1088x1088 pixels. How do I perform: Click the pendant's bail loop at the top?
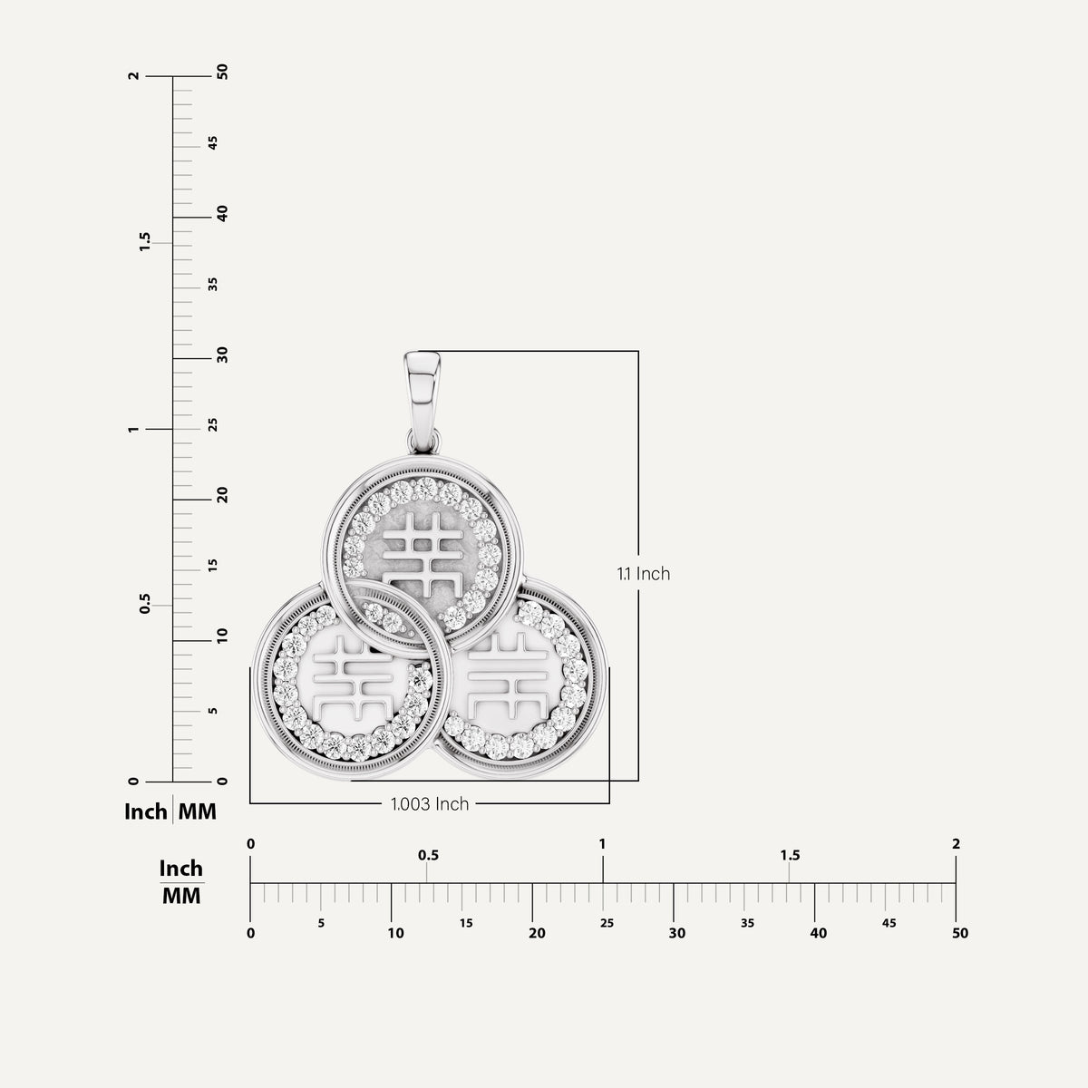point(423,401)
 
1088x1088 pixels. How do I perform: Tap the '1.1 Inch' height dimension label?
point(644,574)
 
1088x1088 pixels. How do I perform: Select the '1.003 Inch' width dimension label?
point(430,804)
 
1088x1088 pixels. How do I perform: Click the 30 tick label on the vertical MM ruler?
point(222,355)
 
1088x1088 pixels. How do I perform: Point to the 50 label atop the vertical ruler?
point(222,72)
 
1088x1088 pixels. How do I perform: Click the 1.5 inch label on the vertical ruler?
point(145,242)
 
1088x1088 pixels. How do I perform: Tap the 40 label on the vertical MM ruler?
point(222,213)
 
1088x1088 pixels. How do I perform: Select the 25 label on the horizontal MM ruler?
point(607,923)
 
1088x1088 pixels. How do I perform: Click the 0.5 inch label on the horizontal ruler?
point(428,855)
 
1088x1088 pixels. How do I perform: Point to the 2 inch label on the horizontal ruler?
point(956,844)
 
